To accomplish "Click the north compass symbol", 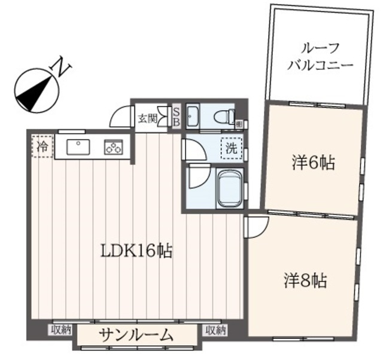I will (x=35, y=91).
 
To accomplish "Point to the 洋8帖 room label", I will (x=305, y=280).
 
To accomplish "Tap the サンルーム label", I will (x=136, y=334).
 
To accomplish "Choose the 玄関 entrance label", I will (x=147, y=118).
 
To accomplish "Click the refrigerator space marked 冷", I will (x=42, y=147).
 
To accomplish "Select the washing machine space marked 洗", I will (x=230, y=148).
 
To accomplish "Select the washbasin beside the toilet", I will (x=193, y=116).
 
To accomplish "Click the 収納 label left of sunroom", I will (x=62, y=330).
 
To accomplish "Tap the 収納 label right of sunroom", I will (x=214, y=330).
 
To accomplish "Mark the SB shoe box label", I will (x=177, y=117).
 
